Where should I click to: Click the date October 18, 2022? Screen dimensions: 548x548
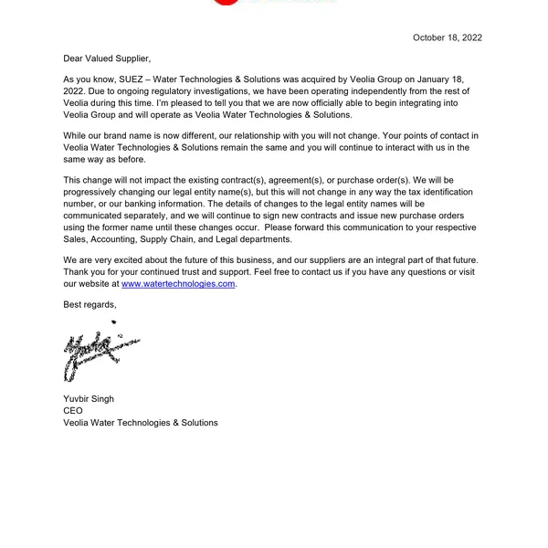tap(448, 37)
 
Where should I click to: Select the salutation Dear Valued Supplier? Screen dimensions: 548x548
tap(106, 58)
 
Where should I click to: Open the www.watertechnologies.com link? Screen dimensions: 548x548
tap(178, 284)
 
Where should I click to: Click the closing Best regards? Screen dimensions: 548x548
tap(90, 303)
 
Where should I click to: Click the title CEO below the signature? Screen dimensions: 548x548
tap(73, 411)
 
